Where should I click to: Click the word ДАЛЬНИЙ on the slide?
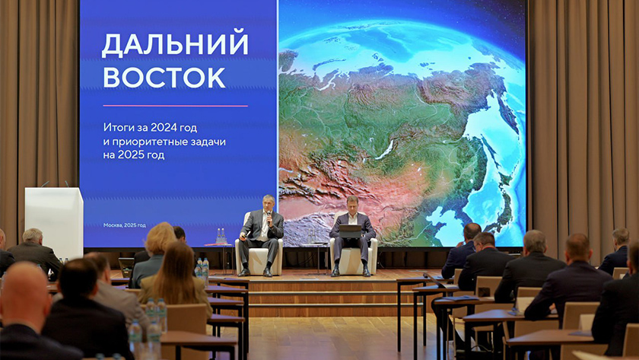(175, 44)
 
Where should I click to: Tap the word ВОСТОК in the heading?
(164, 77)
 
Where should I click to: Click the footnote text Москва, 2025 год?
(124, 225)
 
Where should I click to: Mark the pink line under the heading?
(175, 106)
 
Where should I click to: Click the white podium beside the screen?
(54, 221)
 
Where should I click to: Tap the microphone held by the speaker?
(269, 216)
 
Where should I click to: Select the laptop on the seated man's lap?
(351, 231)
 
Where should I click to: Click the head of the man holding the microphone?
(268, 203)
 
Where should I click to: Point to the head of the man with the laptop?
(352, 205)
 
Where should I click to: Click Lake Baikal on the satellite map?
(386, 150)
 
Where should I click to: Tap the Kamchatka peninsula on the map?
(507, 110)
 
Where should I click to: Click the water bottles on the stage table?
(221, 236)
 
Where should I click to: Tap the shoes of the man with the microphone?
(256, 272)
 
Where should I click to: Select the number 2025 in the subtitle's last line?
(130, 155)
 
